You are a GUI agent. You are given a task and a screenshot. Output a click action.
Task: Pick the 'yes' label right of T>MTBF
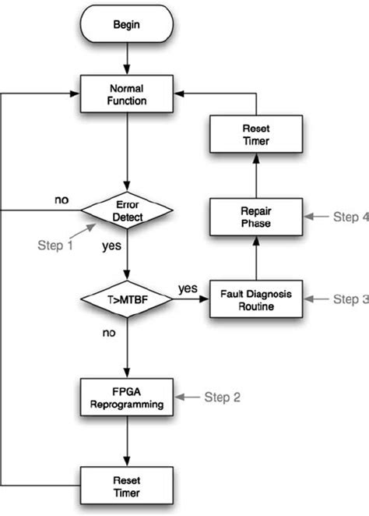click(188, 287)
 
